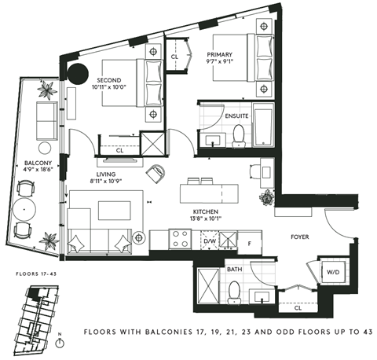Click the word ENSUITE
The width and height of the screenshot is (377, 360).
click(236, 116)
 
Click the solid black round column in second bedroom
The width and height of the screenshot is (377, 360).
click(79, 76)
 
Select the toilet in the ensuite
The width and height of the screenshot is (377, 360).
click(236, 138)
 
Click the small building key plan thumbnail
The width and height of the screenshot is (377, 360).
click(37, 311)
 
